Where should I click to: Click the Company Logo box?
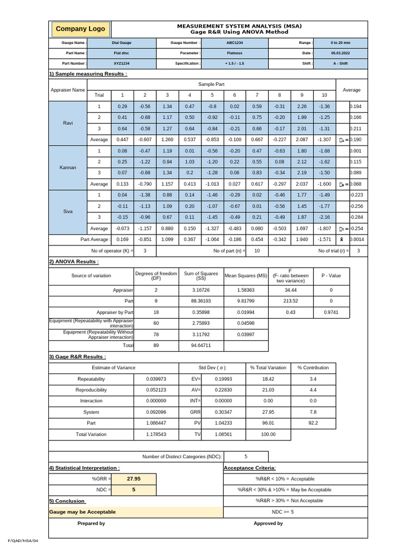[x=80, y=29]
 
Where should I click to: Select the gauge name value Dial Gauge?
[x=121, y=42]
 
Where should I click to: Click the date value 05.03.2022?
[x=340, y=53]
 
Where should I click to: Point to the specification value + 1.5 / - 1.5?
[x=235, y=64]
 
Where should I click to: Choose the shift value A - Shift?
[x=340, y=64]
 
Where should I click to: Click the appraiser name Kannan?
[x=68, y=167]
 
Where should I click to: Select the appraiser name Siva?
[x=68, y=211]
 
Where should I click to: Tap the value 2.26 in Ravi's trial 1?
[x=302, y=106]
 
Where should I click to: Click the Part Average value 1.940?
[x=302, y=239]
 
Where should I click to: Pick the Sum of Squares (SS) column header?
[x=201, y=276]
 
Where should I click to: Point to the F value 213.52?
[x=290, y=300]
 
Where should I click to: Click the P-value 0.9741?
[x=331, y=312]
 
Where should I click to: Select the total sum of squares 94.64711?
[x=201, y=345]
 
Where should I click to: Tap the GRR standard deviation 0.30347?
[x=223, y=412]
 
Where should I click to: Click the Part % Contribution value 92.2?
[x=313, y=423]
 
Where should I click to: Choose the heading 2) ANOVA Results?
[x=74, y=262]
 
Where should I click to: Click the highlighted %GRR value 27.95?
[x=134, y=479]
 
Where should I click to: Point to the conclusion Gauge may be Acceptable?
[x=83, y=512]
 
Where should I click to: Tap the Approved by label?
[x=268, y=523]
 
